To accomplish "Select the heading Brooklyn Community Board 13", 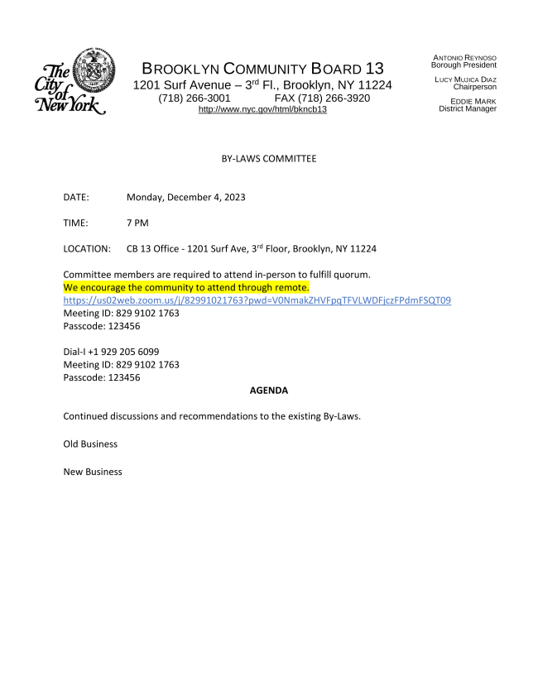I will (263, 69).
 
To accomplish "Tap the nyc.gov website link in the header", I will (262, 109).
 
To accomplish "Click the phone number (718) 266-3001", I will (195, 98).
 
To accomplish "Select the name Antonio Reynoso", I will (464, 57).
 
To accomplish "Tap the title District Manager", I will (468, 108).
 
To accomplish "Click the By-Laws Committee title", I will (269, 157).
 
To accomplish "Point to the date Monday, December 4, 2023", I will (185, 197).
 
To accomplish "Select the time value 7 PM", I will (137, 223).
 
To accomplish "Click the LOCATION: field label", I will (87, 248).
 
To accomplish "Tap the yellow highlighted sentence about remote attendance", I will (186, 287).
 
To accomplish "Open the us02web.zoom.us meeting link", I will (257, 300).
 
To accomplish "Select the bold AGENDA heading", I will (268, 390).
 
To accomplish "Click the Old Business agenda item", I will (90, 444).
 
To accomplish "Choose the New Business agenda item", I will (93, 472).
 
